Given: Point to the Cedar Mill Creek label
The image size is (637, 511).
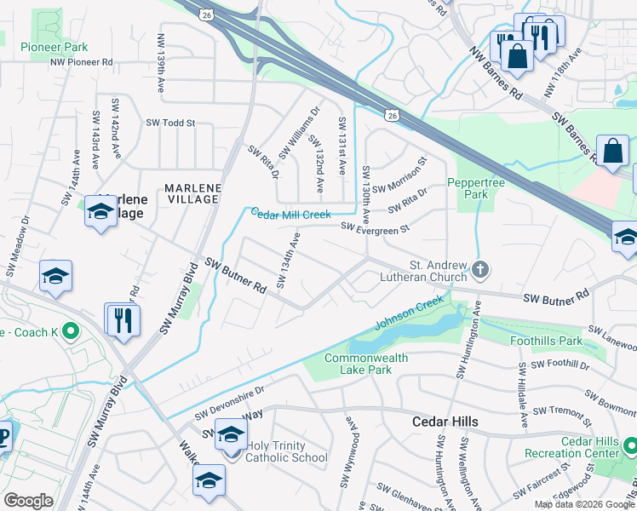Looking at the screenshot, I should point(290,214).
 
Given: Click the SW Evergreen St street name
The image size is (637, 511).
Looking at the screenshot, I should point(376,227).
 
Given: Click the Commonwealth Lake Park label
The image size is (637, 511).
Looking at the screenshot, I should point(366,365).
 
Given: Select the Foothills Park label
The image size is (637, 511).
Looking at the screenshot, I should point(546,341).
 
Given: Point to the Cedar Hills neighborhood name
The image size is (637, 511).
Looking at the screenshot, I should point(445,422).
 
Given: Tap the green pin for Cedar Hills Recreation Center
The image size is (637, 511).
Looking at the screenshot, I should point(629,445).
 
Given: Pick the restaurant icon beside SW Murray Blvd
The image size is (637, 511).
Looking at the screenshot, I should point(123,320).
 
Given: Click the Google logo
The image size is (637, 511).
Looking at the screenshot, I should point(28,501).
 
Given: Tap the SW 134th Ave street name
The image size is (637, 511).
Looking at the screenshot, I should point(288,260).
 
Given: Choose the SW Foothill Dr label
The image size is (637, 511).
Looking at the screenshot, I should point(560,365).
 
